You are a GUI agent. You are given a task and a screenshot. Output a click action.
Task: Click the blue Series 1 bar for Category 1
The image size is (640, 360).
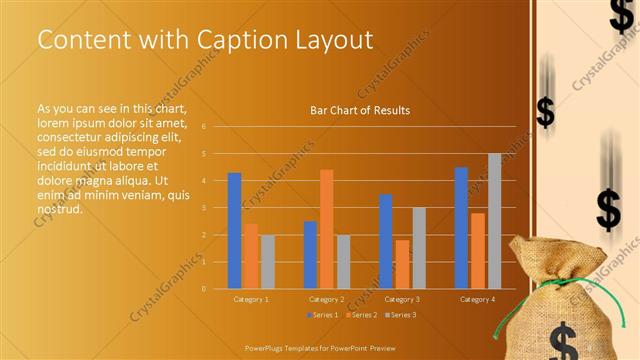pyautogui.click(x=234, y=230)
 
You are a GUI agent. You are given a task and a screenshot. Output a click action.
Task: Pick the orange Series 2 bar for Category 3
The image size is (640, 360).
pyautogui.click(x=402, y=264)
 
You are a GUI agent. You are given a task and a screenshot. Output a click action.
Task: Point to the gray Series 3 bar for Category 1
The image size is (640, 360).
pyautogui.click(x=267, y=261)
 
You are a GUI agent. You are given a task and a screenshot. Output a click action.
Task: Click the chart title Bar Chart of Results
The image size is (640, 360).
pyautogui.click(x=359, y=110)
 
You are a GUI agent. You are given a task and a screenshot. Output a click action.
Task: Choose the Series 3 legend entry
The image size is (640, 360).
pyautogui.click(x=400, y=315)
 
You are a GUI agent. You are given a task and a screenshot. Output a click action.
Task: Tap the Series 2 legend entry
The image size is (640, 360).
pyautogui.click(x=361, y=315)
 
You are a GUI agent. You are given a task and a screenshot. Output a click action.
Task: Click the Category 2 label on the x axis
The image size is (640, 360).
pyautogui.click(x=326, y=299)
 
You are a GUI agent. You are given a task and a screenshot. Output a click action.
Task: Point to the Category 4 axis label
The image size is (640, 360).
pyautogui.click(x=477, y=299)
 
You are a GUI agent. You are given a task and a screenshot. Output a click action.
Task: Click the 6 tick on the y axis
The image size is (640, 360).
pyautogui.click(x=203, y=127)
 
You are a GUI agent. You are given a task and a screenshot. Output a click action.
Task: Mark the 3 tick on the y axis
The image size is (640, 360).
pyautogui.click(x=203, y=208)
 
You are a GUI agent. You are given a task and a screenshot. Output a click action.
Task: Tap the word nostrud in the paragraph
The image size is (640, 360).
pyautogui.click(x=59, y=209)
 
